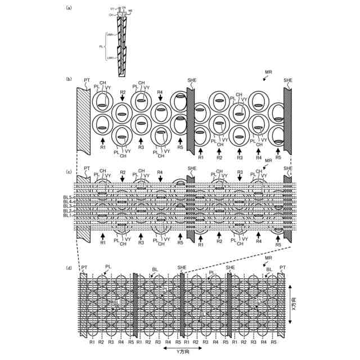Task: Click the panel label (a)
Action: click(68, 7)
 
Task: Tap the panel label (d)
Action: click(68, 268)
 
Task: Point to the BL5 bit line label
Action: click(67, 198)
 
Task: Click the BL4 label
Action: click(67, 202)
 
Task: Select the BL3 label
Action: click(67, 206)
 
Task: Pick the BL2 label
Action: click(67, 211)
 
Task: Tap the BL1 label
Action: click(67, 215)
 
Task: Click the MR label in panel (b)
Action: click(268, 73)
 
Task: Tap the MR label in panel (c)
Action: click(268, 161)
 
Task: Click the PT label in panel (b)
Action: click(86, 81)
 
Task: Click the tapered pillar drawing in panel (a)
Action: click(123, 45)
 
